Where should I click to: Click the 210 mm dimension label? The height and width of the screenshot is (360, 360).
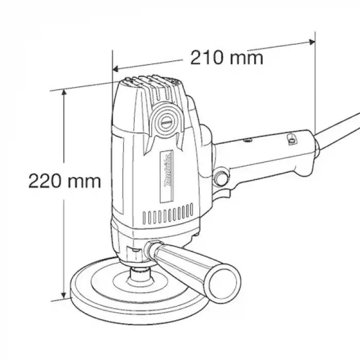pos(227,58)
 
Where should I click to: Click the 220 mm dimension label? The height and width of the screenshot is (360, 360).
pos(65,181)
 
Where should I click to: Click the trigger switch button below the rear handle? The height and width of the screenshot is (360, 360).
pos(223,177)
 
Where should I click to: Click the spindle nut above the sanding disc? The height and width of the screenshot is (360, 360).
pos(137,273)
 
